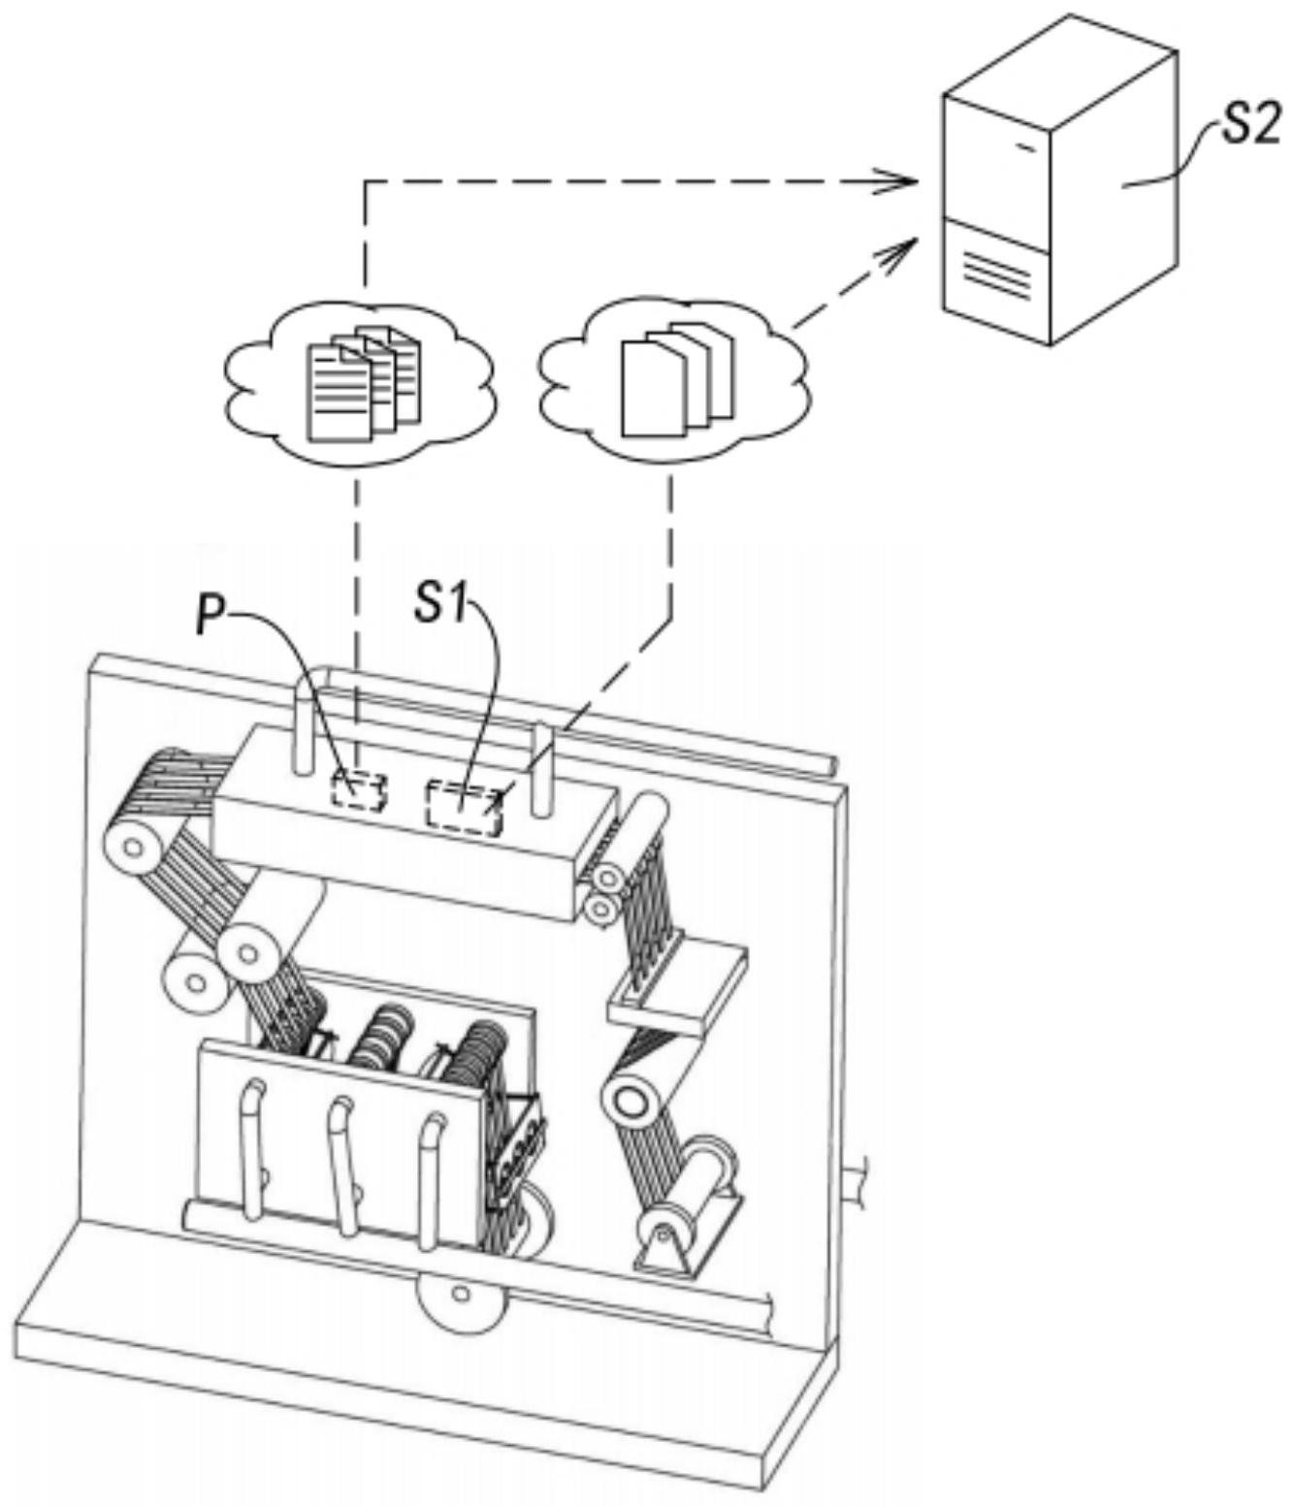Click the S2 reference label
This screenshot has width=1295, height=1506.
tap(1248, 129)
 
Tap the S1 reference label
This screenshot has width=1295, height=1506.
tap(441, 604)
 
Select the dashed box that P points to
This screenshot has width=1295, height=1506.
tap(359, 789)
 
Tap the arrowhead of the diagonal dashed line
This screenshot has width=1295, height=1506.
tap(898, 250)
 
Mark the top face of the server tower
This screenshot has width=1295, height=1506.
tap(1060, 71)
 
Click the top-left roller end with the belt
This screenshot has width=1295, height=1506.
tap(132, 849)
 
